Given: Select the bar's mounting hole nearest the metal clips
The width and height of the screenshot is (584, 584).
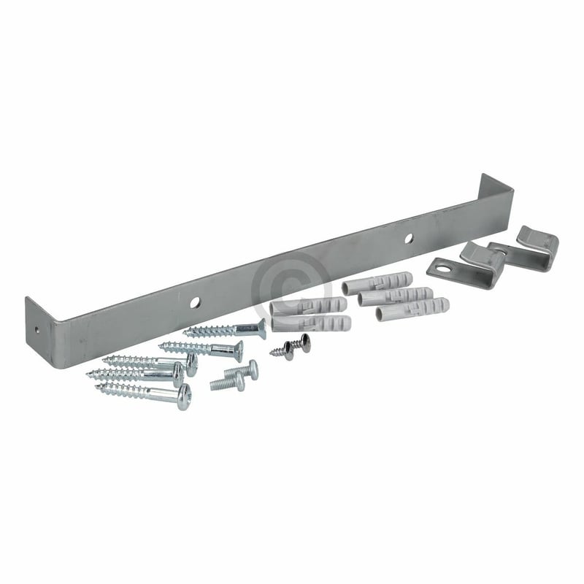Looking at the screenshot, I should (408, 237).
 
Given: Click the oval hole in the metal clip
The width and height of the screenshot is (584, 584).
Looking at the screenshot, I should (441, 274).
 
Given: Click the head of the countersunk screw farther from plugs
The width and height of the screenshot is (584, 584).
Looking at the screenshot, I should (237, 351).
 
